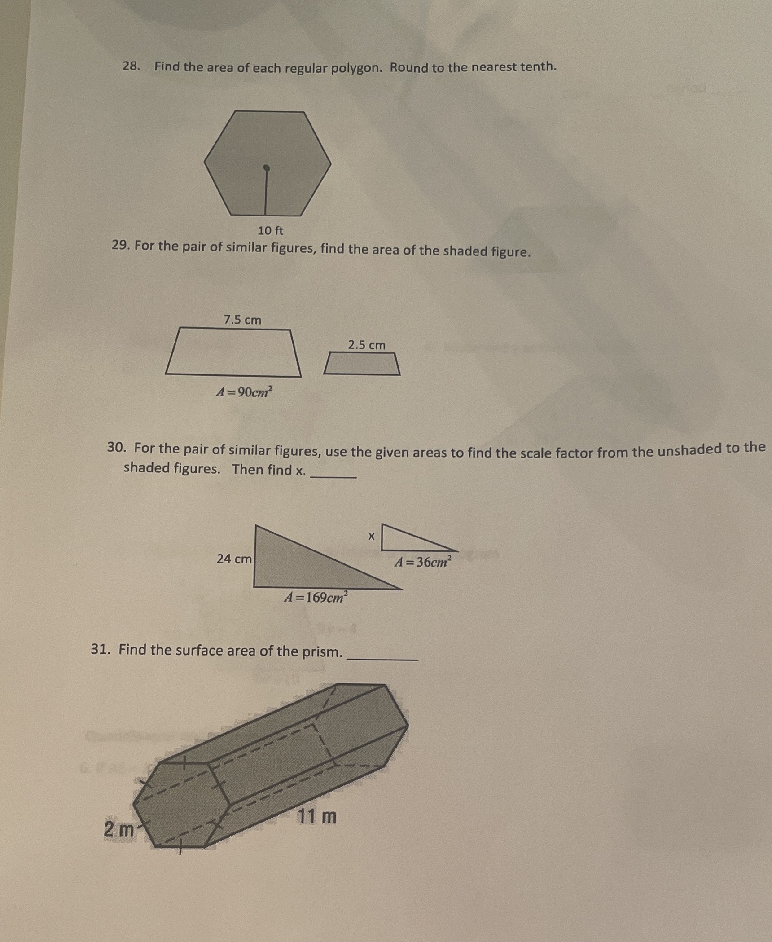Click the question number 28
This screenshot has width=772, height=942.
(131, 66)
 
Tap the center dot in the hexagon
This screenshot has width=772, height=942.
(267, 168)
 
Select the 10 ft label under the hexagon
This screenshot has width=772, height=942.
(270, 231)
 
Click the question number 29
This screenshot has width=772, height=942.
(120, 246)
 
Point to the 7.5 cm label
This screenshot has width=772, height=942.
(242, 320)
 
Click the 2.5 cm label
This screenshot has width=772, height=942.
(367, 345)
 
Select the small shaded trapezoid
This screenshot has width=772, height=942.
(362, 364)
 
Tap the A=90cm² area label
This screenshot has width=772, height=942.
(244, 392)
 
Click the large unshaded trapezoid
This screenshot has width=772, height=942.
(233, 352)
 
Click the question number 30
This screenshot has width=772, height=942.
(116, 448)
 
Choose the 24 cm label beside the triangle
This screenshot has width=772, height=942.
(234, 559)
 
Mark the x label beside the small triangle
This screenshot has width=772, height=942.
(371, 536)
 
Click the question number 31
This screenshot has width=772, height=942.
(101, 649)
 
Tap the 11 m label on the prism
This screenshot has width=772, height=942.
(316, 817)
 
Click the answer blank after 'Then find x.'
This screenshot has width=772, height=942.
(334, 475)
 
